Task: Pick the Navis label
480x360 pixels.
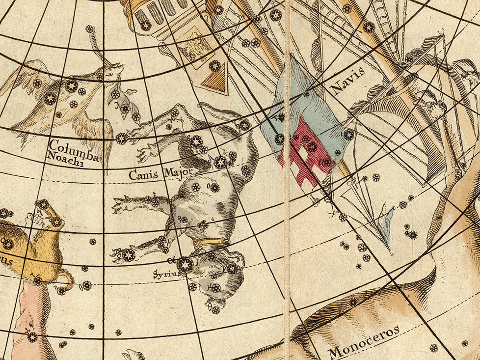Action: pos(347,80)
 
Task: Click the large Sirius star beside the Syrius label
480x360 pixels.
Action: pos(185,265)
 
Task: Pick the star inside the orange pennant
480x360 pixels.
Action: pos(214,65)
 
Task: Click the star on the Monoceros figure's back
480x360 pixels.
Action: pos(353,302)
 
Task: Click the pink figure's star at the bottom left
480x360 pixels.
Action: pos(32,337)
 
